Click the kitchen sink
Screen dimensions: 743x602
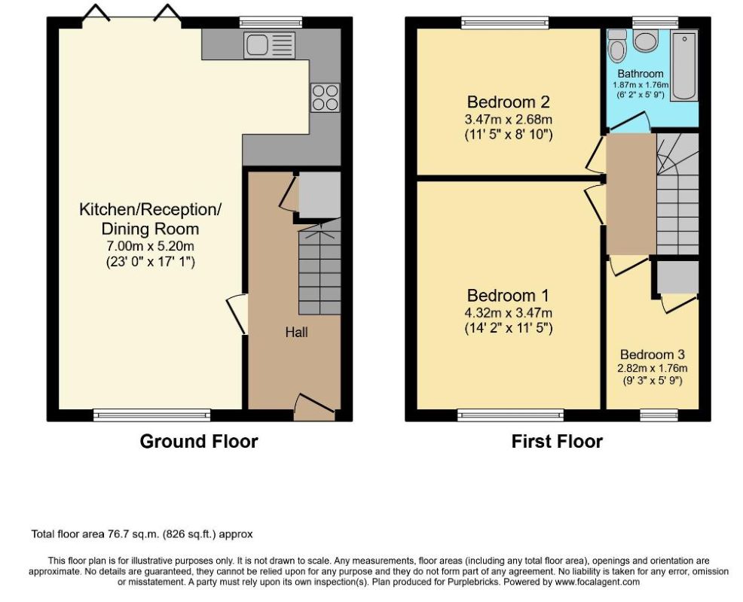269,45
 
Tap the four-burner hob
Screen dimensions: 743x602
325,98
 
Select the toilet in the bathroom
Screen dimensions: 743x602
617,45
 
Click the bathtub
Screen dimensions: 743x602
684,65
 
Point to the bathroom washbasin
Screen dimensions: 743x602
645,40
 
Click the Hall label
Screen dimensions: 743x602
297,333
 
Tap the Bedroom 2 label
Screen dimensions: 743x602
509,102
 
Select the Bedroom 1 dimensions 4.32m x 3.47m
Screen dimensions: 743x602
509,313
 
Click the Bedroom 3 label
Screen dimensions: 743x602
653,354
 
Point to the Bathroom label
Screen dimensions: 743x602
641,74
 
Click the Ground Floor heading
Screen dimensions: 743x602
199,441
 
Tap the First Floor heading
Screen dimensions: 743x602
557,441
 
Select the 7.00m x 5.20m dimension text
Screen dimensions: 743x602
150,246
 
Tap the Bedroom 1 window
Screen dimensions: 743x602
511,415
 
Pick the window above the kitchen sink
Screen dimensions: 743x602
271,23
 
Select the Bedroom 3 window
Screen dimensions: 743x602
659,415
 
